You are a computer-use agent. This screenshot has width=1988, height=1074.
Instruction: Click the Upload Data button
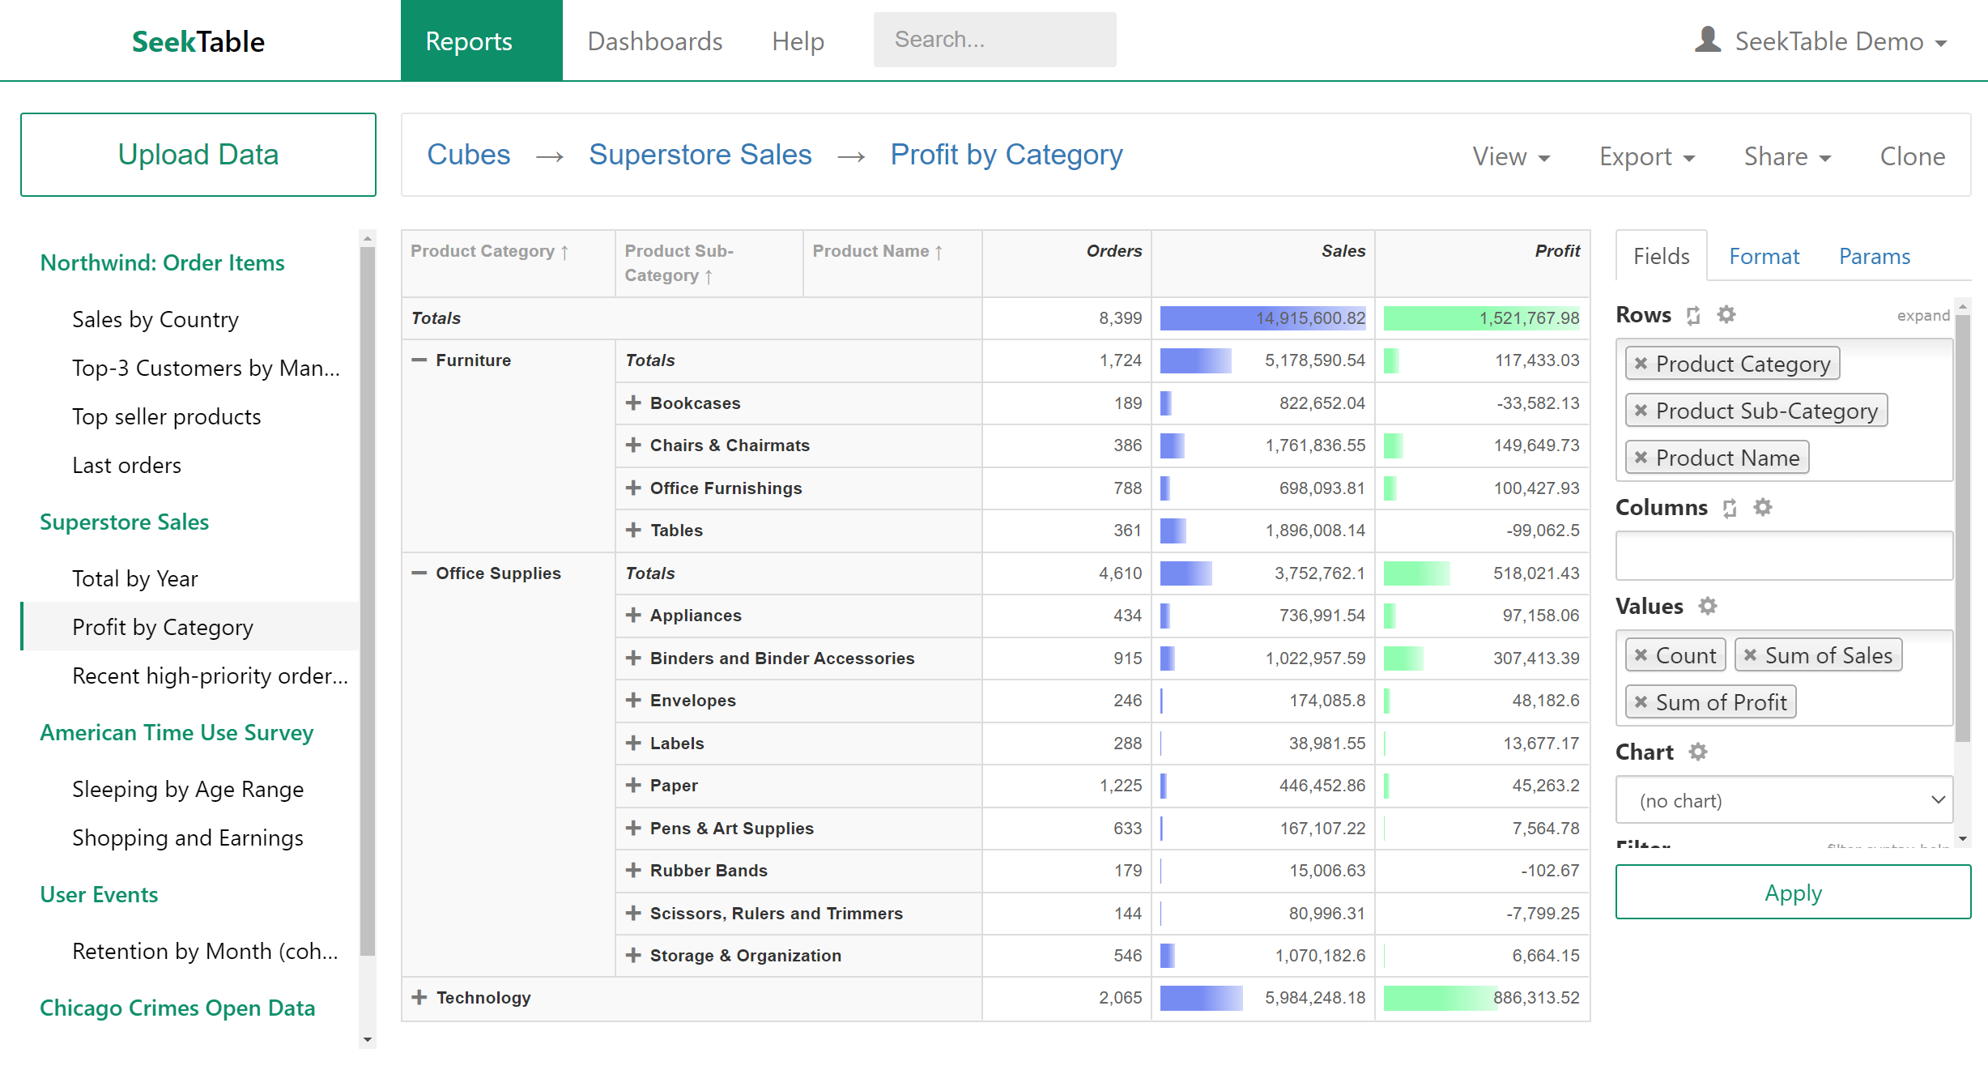tap(198, 155)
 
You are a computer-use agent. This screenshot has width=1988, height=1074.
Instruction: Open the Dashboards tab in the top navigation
tap(654, 41)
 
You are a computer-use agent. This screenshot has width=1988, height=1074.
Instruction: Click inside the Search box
tap(994, 40)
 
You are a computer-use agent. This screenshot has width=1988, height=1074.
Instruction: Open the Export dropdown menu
tap(1646, 156)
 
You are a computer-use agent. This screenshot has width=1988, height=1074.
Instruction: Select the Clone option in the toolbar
tap(1912, 156)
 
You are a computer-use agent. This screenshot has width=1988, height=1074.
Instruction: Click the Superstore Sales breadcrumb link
tap(700, 155)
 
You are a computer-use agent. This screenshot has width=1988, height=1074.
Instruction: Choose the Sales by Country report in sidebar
tap(155, 319)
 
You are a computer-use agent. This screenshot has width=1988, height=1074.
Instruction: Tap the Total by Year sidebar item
tap(134, 578)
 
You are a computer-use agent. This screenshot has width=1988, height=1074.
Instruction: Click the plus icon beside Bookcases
tap(633, 403)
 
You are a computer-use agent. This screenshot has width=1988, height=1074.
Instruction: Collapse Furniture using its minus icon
tap(419, 360)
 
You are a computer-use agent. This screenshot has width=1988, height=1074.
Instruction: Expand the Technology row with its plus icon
tap(419, 997)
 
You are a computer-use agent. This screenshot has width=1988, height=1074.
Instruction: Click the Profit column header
tap(1556, 251)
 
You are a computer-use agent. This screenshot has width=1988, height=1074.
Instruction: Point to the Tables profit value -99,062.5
tap(1542, 531)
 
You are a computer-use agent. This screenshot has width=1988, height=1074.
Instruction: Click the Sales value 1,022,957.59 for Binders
tap(1315, 658)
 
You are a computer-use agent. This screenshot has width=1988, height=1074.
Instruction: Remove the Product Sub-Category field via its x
tap(1641, 411)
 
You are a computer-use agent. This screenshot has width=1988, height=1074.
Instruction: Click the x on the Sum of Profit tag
tap(1641, 702)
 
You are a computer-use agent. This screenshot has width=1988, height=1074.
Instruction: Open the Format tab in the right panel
tap(1764, 257)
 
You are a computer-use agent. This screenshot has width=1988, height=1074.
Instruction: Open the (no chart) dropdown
tap(1784, 800)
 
